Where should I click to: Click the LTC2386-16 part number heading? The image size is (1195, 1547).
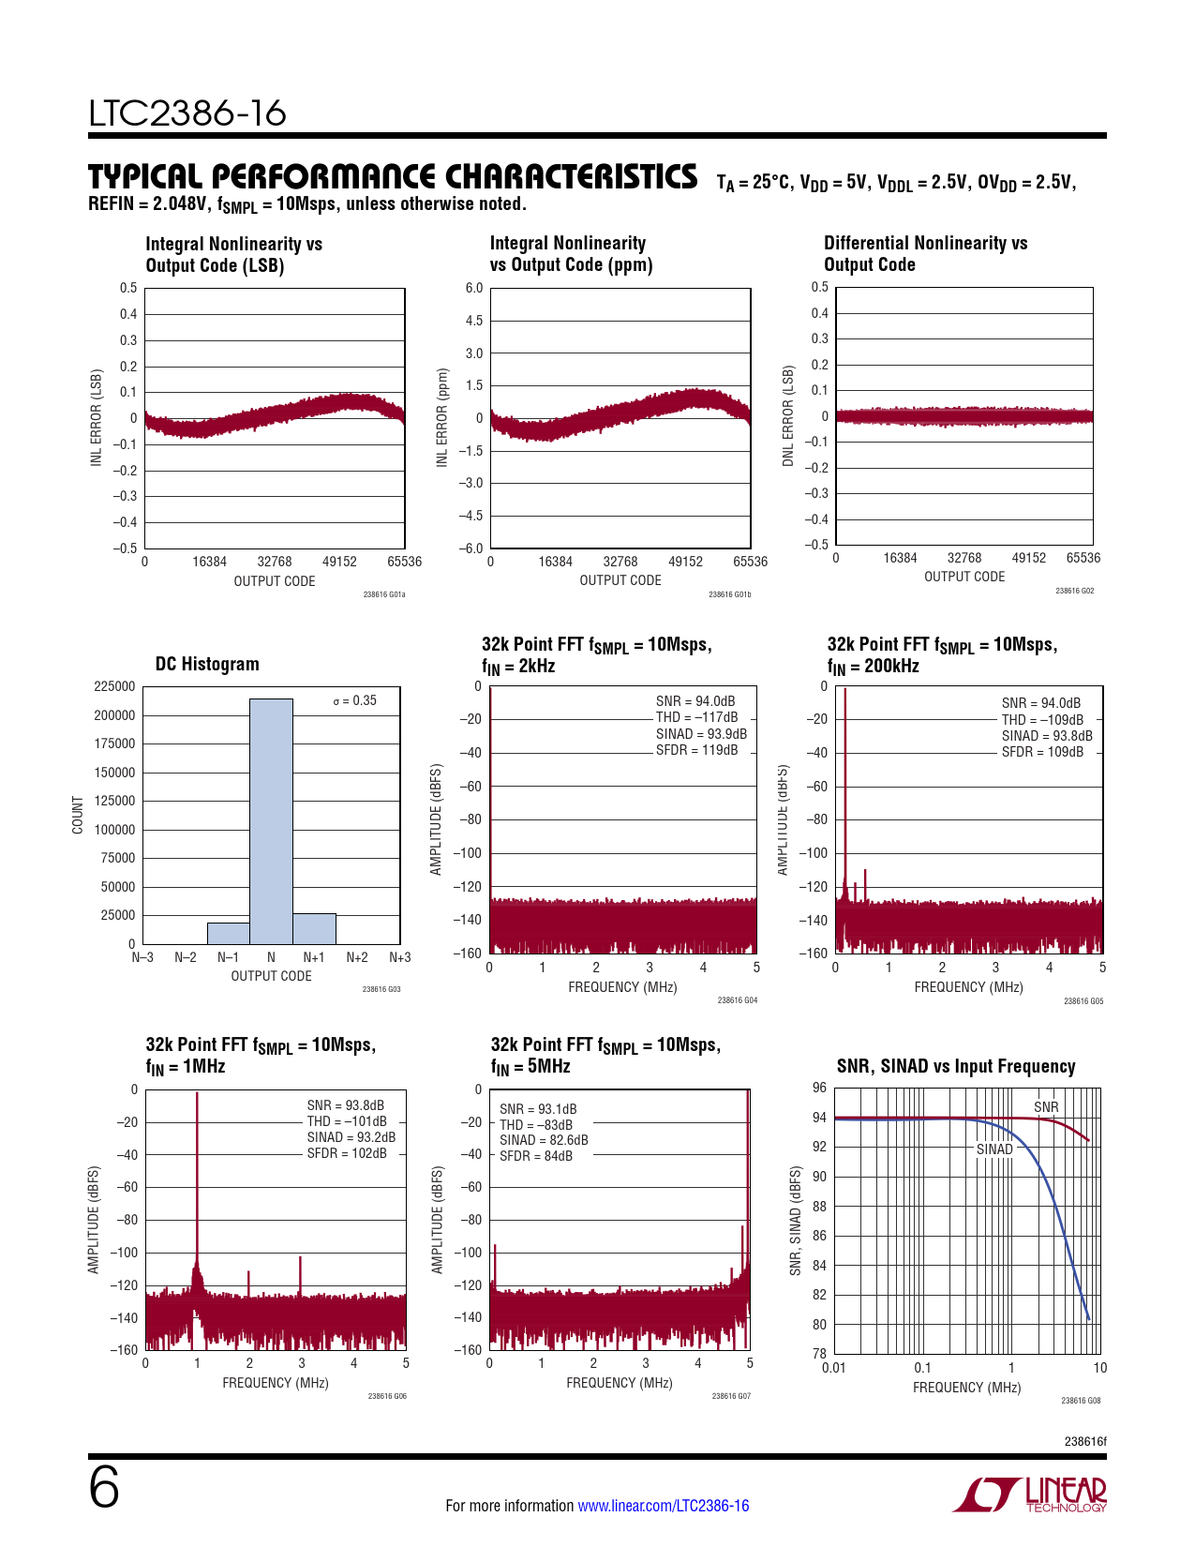click(x=187, y=113)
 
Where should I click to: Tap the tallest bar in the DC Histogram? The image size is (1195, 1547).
click(x=271, y=820)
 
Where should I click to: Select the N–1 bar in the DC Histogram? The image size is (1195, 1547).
click(x=228, y=933)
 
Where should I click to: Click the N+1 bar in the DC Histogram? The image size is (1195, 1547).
click(x=314, y=928)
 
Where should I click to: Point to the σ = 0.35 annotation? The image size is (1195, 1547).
click(x=355, y=700)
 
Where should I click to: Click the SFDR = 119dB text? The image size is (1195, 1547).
click(x=696, y=750)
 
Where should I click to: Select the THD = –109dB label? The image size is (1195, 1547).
click(x=1042, y=720)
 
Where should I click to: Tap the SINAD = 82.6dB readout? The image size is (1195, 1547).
click(x=544, y=1140)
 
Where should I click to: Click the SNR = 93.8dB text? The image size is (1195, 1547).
click(x=345, y=1105)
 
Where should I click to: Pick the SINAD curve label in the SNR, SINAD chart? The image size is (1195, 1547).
click(x=994, y=1149)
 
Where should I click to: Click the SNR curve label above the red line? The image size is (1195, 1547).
click(x=1046, y=1107)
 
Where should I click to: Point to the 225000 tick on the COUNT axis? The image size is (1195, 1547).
click(x=114, y=686)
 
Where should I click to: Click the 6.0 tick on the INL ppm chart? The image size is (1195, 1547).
click(x=474, y=288)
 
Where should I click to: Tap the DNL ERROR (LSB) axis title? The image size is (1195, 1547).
click(x=788, y=416)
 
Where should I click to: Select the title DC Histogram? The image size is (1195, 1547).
click(x=207, y=664)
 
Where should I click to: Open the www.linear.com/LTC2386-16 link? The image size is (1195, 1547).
click(x=663, y=1506)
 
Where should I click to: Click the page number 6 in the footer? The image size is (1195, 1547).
click(x=104, y=1488)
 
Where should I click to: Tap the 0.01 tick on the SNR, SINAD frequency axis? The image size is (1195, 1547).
click(x=833, y=1368)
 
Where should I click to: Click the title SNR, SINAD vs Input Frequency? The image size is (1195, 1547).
click(x=955, y=1066)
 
